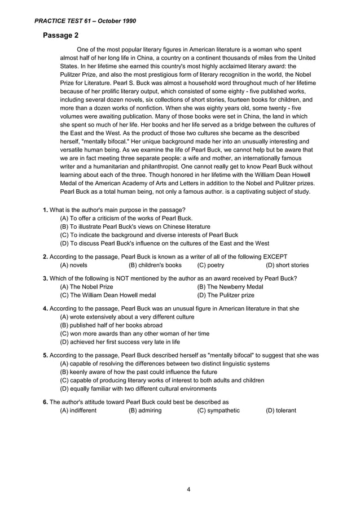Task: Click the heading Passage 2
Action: point(60,36)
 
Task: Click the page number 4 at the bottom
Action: point(188,489)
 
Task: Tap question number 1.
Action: point(46,210)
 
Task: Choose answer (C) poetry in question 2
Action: point(210,265)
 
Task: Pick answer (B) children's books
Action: point(155,265)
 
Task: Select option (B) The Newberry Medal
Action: point(230,287)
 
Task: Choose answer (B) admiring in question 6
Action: point(145,410)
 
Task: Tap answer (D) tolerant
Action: point(280,410)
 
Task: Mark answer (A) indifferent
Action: point(78,410)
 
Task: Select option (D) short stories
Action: point(287,265)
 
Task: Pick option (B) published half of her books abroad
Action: point(111,325)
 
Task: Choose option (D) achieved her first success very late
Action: point(120,342)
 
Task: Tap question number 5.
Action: point(46,355)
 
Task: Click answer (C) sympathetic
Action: point(218,410)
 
